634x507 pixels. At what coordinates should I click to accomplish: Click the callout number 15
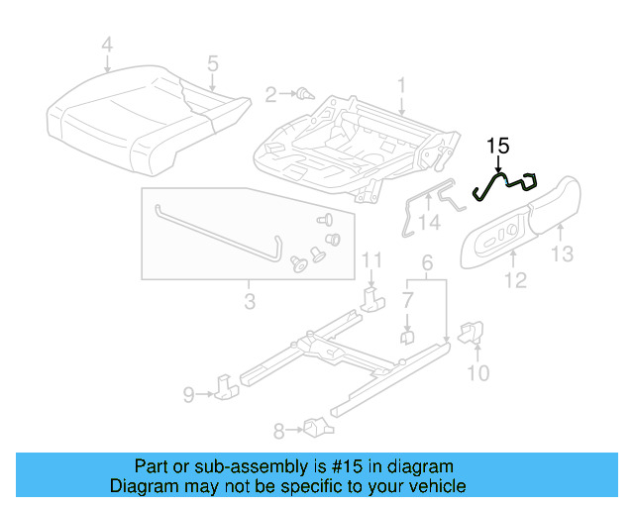(x=497, y=147)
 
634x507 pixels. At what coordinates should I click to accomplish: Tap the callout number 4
(x=107, y=44)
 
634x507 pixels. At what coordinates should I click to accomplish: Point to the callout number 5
(x=212, y=64)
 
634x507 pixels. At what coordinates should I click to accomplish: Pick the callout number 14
(x=428, y=224)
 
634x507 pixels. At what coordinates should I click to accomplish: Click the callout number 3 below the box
(x=250, y=298)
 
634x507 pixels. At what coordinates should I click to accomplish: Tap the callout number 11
(x=370, y=260)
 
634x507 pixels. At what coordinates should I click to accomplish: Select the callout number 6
(x=427, y=263)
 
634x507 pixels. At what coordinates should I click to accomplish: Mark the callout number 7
(x=407, y=298)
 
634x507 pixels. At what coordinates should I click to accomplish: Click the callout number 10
(x=477, y=373)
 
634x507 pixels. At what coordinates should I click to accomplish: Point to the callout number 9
(x=188, y=396)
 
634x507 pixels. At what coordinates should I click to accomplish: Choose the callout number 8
(x=278, y=430)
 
